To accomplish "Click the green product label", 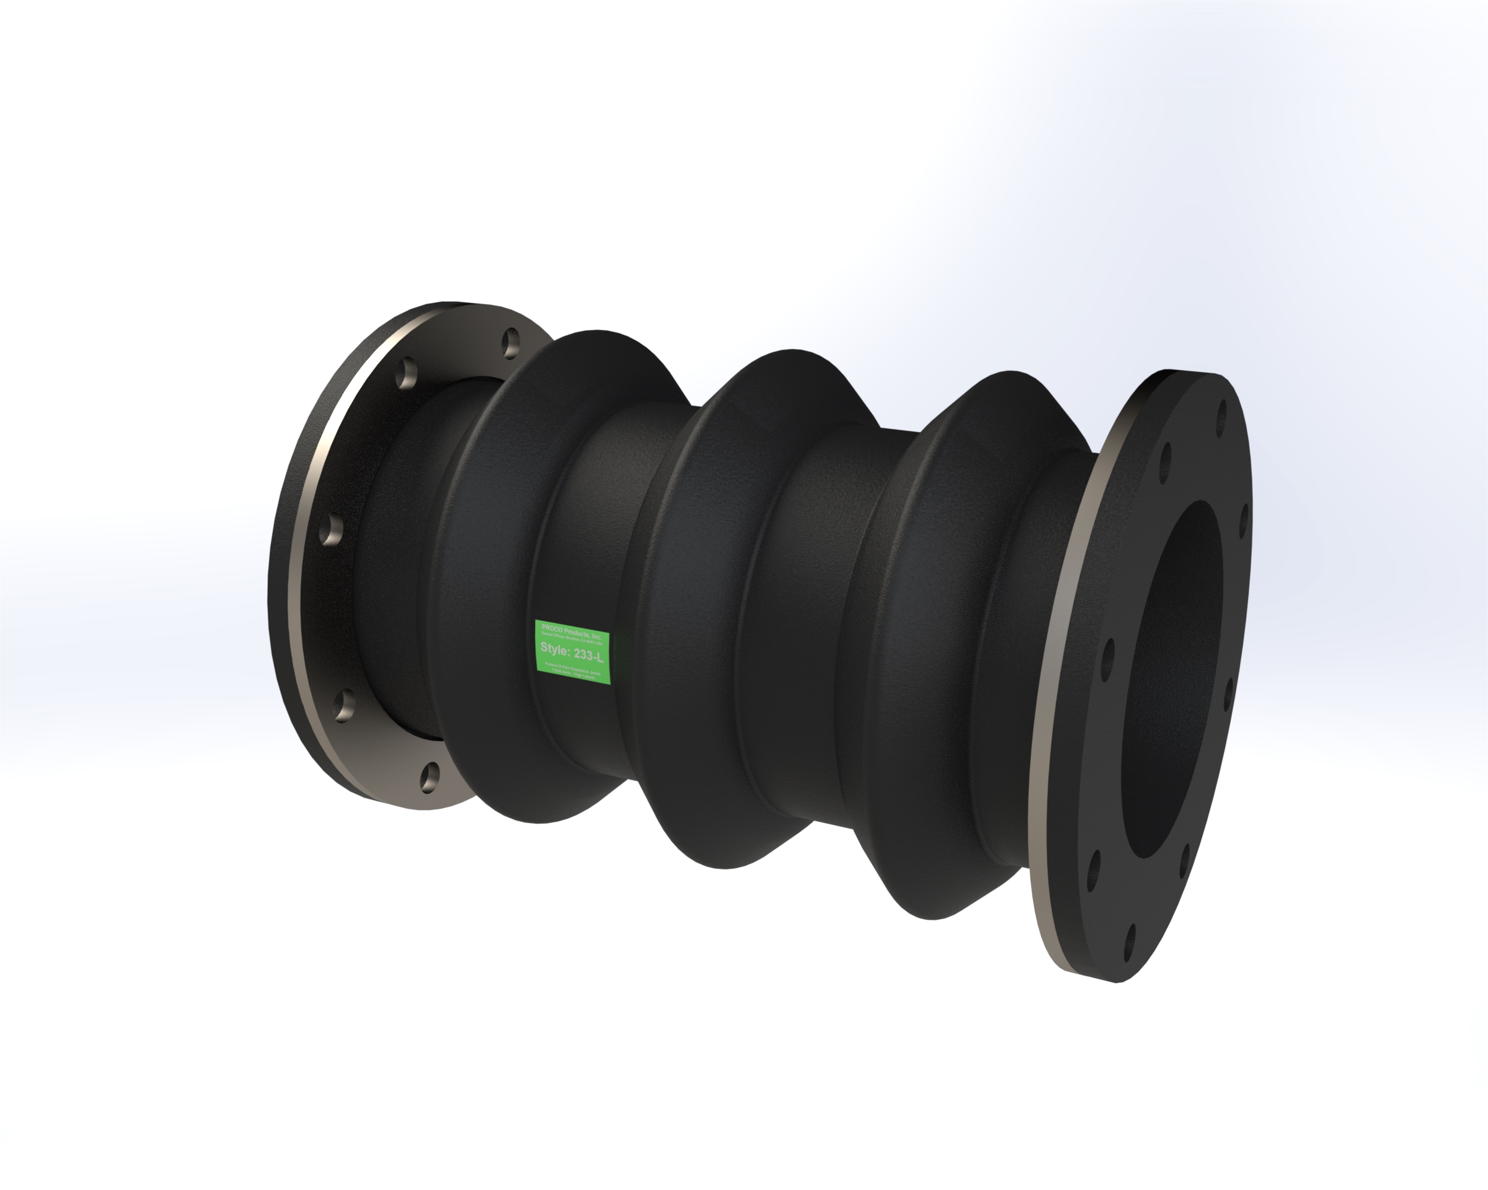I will coord(573,652).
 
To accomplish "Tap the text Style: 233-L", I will coord(572,650).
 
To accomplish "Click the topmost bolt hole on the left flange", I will coord(510,343).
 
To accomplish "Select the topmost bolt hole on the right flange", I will coord(1222,412).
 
